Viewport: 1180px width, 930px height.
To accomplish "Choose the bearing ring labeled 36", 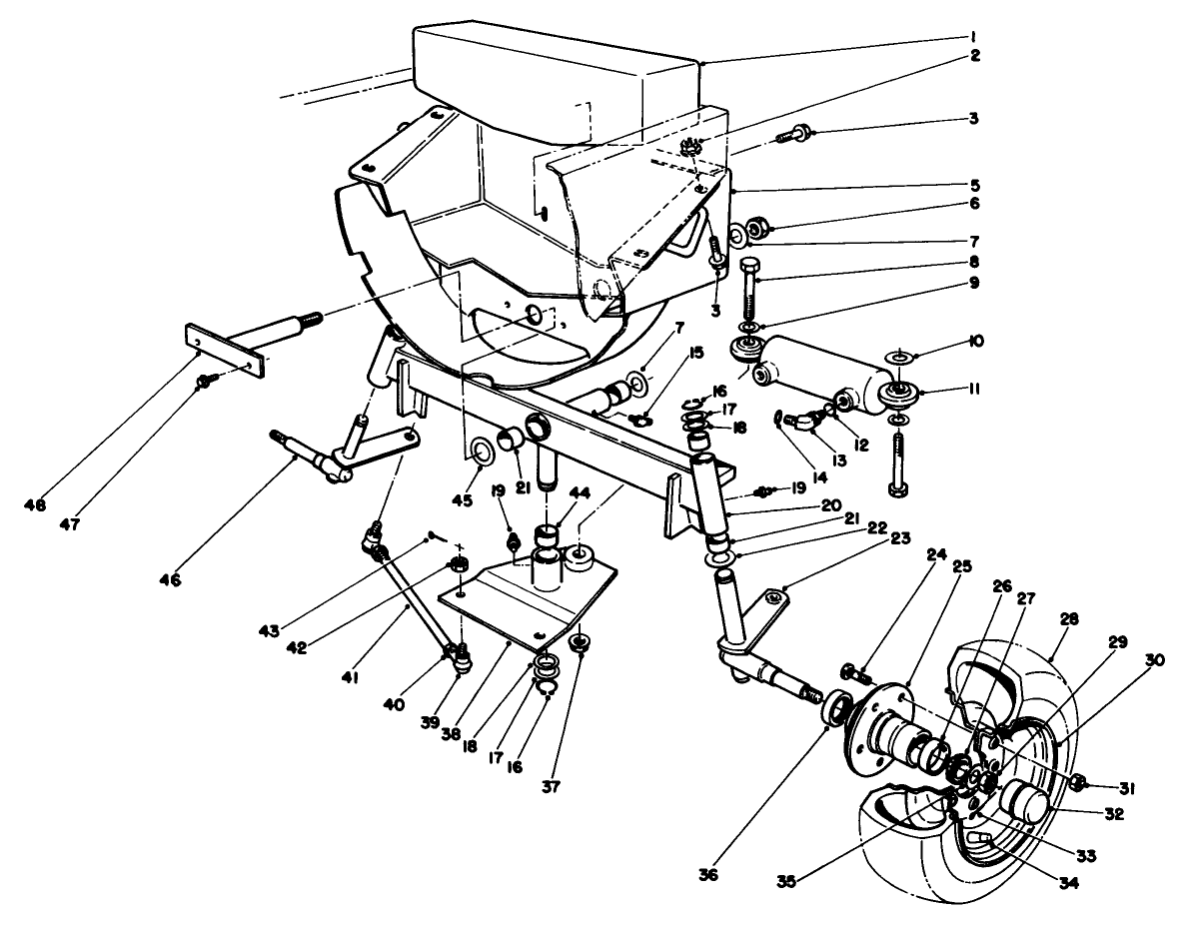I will [x=837, y=711].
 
